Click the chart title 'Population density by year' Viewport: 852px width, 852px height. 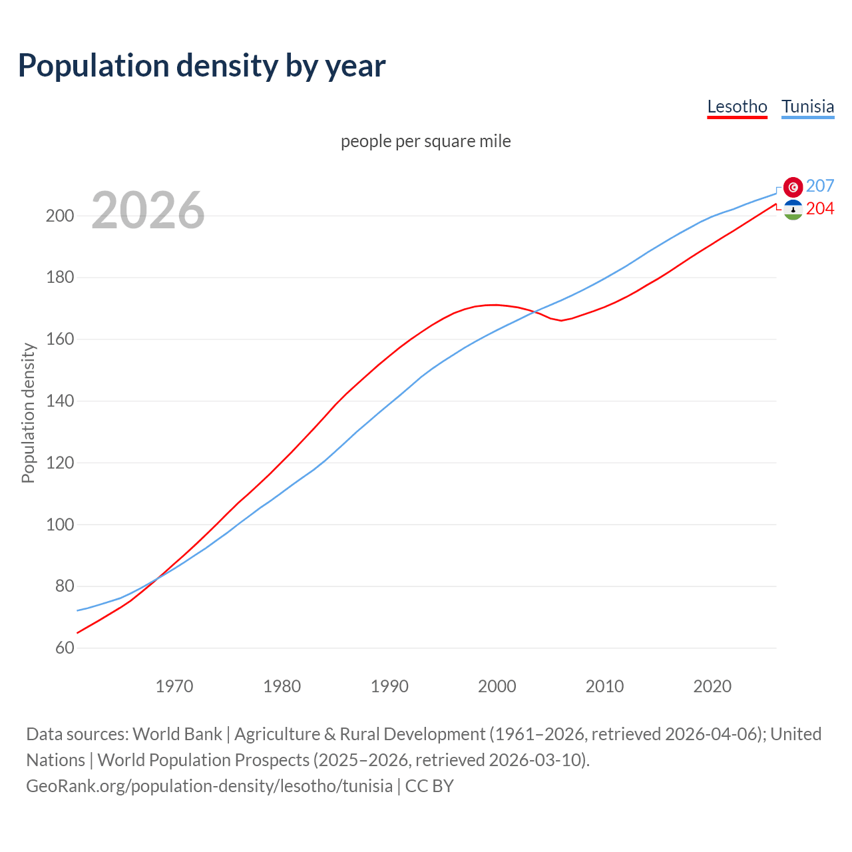point(202,65)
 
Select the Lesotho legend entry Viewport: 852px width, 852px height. point(737,106)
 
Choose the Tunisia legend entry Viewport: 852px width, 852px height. point(807,106)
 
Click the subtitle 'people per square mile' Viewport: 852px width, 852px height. point(425,141)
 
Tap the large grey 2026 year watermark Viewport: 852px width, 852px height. point(148,210)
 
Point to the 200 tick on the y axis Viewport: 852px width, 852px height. point(59,216)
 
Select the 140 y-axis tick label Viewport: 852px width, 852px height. point(59,401)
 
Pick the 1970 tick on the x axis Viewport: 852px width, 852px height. point(174,686)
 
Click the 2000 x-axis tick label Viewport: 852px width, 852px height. point(497,686)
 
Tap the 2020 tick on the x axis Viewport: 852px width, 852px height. point(712,686)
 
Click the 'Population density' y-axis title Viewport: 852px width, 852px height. point(28,413)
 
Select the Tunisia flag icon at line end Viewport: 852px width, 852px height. point(793,187)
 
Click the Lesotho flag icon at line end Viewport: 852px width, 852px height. point(793,210)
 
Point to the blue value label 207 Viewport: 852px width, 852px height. point(820,186)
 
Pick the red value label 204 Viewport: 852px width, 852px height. point(820,208)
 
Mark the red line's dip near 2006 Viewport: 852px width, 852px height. point(561,320)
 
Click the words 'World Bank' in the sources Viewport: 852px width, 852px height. point(177,734)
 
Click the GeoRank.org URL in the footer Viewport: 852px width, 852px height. point(209,785)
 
